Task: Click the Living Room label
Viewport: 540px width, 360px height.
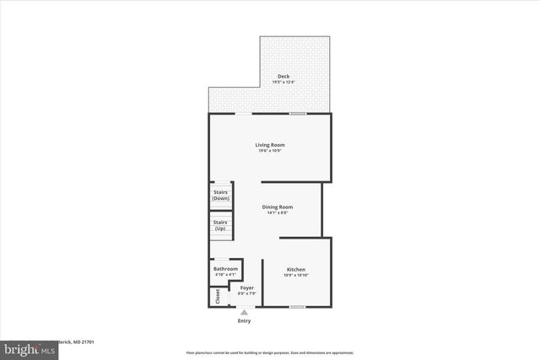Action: [270, 145]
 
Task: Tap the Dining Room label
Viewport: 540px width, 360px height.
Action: [277, 207]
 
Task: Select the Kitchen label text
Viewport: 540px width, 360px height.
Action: [295, 270]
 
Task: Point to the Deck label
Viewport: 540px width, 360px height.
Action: [283, 77]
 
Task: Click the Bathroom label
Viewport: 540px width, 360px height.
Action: [225, 269]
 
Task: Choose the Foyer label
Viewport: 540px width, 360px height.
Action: [247, 287]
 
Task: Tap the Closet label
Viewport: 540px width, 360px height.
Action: [217, 297]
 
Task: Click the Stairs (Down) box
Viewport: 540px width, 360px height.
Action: [221, 195]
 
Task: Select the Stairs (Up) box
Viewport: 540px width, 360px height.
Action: [221, 225]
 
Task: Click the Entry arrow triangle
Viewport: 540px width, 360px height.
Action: [245, 313]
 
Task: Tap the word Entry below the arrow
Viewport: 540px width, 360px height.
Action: [245, 321]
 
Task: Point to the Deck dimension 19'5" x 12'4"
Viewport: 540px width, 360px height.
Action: [283, 82]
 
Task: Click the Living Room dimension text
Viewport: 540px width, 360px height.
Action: [270, 150]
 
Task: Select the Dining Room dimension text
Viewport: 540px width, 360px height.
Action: [277, 212]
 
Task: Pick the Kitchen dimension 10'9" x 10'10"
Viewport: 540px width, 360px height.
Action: [295, 275]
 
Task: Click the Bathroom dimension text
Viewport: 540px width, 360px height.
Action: [225, 274]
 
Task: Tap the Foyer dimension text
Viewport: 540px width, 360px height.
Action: [247, 293]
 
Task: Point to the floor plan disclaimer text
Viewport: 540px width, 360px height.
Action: [270, 352]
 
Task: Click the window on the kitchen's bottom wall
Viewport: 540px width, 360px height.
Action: [297, 307]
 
